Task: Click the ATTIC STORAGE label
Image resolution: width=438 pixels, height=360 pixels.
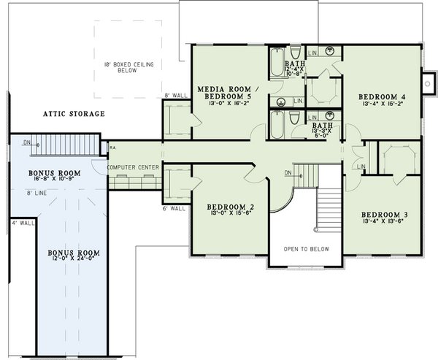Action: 74,114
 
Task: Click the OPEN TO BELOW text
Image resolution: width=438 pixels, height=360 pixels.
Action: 306,249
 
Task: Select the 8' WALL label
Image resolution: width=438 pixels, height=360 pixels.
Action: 177,96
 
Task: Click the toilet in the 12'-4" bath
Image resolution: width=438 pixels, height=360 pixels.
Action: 295,53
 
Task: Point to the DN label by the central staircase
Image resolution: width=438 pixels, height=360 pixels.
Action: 288,173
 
